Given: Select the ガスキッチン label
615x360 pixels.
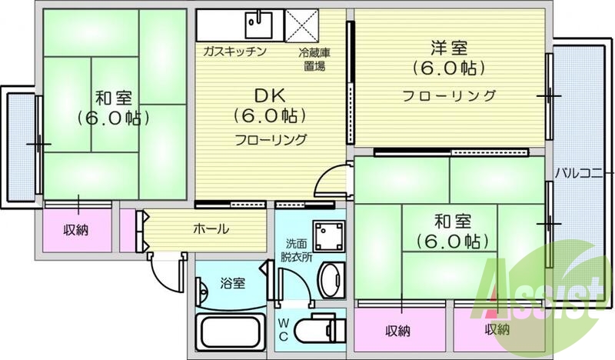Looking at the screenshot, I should pos(235,52).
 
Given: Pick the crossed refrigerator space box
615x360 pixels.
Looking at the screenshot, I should pos(303,25).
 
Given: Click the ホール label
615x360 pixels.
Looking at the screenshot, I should pos(210,228).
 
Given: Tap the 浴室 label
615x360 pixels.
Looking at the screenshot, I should pos(234,283).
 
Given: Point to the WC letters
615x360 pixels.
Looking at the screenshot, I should pos(284,329).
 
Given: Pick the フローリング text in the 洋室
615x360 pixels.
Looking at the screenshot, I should pos(450,96).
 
